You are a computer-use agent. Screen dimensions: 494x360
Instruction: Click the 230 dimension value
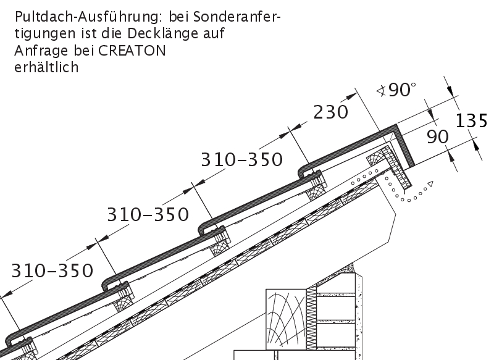click(x=331, y=112)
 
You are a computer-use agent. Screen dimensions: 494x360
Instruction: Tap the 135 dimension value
click(x=472, y=120)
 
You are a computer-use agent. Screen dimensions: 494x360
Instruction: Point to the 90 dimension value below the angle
click(x=438, y=136)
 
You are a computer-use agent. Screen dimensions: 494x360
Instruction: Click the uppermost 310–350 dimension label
click(x=241, y=159)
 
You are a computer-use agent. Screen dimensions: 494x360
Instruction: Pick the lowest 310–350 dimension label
click(x=52, y=271)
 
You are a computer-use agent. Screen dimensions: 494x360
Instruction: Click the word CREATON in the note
click(x=132, y=51)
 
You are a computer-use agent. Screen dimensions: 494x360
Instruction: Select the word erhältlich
click(x=46, y=67)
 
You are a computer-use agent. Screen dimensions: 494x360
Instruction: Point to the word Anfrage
click(x=42, y=51)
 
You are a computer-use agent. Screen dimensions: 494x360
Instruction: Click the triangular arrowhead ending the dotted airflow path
click(x=430, y=184)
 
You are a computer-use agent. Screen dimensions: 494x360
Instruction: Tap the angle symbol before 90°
click(x=382, y=91)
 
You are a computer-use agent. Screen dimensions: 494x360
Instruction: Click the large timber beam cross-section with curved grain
click(x=286, y=319)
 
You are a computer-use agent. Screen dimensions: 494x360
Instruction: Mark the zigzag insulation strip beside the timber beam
click(x=311, y=317)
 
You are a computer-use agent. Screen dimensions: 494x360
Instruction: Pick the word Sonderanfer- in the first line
click(x=237, y=17)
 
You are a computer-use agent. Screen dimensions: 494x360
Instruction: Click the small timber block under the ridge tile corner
click(x=375, y=161)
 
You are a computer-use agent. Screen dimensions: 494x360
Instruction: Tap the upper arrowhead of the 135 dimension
click(x=450, y=90)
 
